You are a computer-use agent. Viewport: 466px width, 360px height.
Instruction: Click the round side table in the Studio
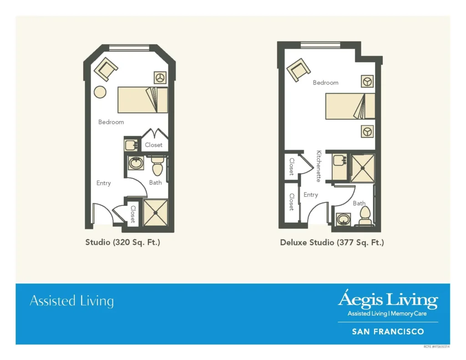[x=100, y=92]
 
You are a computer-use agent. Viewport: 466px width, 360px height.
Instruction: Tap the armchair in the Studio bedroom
[x=106, y=69]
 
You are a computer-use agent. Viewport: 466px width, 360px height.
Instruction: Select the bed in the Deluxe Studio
[x=350, y=106]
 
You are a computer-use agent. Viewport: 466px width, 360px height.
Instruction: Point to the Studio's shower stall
[x=156, y=213]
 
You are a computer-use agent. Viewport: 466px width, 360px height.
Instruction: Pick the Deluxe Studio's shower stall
[x=363, y=168]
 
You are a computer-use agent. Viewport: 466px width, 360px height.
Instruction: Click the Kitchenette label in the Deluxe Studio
[x=319, y=166]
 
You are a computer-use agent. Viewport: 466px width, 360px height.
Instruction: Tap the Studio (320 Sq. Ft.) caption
[x=123, y=242]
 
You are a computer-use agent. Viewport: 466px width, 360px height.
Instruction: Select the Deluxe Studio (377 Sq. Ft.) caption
[x=332, y=243]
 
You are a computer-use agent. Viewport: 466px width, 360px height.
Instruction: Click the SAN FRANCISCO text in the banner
[x=388, y=331]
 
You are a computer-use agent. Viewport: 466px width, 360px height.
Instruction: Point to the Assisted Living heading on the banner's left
[x=71, y=301]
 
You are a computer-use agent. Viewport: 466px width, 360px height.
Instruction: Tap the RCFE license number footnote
[x=436, y=347]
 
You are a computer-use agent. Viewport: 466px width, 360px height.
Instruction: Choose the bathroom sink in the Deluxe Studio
[x=344, y=219]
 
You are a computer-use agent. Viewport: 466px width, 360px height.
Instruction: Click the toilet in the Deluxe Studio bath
[x=365, y=216]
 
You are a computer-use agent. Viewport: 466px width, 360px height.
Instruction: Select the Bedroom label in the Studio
[x=111, y=122]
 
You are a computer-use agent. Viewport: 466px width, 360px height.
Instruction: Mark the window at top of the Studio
[x=129, y=48]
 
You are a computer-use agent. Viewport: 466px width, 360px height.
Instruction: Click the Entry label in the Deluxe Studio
[x=311, y=195]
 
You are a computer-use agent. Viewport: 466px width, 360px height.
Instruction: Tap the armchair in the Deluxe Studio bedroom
[x=299, y=70]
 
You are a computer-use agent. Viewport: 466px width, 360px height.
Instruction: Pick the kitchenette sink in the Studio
[x=131, y=145]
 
